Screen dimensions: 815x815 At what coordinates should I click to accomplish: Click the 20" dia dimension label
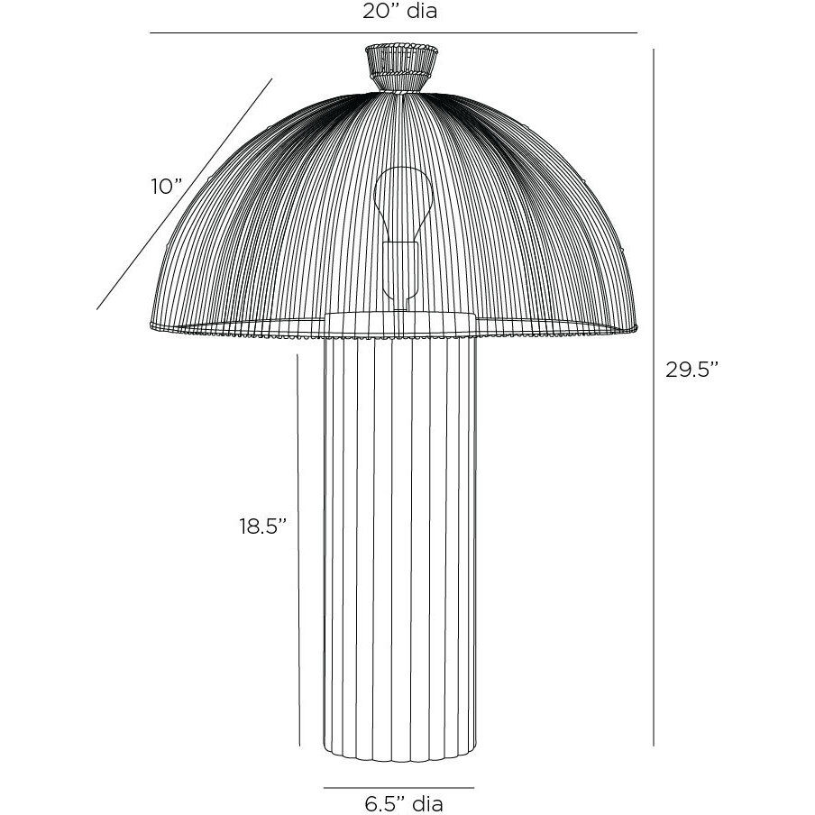[392, 12]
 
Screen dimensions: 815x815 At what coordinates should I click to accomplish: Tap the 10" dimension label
[166, 187]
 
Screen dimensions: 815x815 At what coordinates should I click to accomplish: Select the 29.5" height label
[691, 370]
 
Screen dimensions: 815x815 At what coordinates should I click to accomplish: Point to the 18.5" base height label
[262, 527]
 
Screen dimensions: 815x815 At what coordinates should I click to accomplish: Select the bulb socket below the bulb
[398, 270]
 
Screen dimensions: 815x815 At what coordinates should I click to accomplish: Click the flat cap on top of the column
[398, 323]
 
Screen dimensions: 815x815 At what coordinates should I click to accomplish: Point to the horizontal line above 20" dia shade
[392, 33]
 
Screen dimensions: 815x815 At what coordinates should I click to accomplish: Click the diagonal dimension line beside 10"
[185, 194]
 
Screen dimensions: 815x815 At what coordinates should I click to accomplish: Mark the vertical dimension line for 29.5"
[654, 397]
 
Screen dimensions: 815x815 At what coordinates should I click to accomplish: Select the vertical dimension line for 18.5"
[298, 550]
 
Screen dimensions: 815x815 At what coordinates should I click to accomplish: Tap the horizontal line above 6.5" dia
[398, 787]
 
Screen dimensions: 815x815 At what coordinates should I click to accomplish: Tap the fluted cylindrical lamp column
[398, 541]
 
